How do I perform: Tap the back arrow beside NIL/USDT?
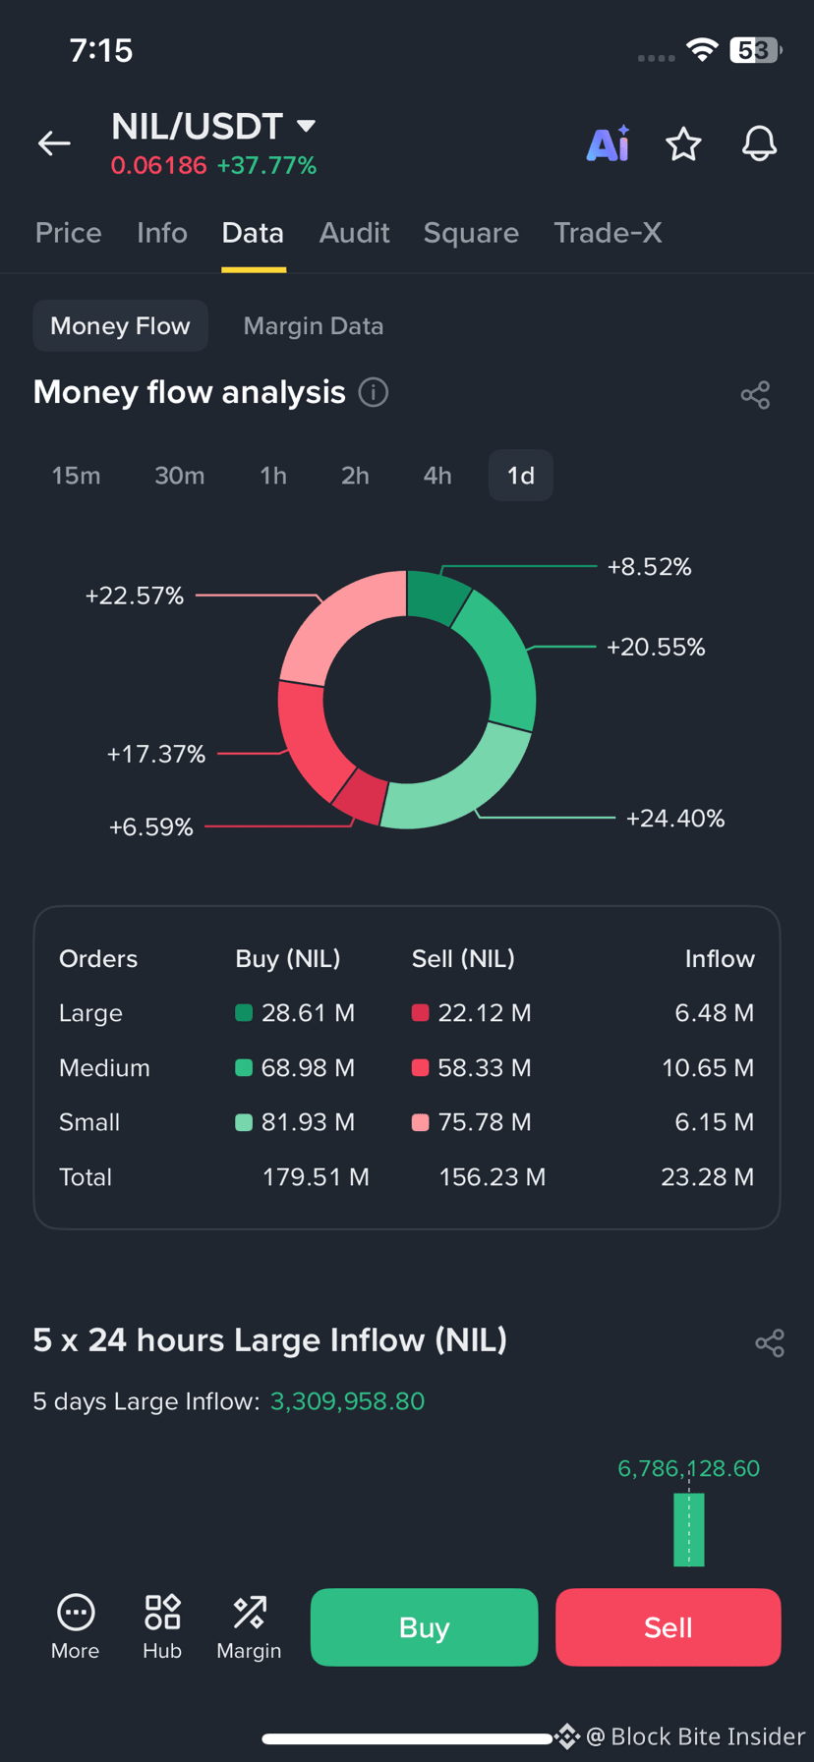click(x=54, y=143)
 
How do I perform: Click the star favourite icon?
click(x=683, y=144)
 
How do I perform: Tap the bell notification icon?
click(x=759, y=144)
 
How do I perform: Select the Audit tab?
click(x=354, y=233)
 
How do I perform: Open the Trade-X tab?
click(x=608, y=233)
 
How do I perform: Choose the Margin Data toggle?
click(x=314, y=326)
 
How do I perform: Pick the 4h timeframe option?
click(x=437, y=476)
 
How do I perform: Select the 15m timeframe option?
click(x=76, y=476)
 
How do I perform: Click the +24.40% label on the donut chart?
click(x=675, y=819)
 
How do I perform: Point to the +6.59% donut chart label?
click(x=150, y=827)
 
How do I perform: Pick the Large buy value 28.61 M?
click(x=308, y=1013)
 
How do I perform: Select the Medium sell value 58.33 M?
click(x=485, y=1068)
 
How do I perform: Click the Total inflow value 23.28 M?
click(x=708, y=1177)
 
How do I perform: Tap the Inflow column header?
click(x=720, y=959)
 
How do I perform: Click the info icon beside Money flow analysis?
click(x=374, y=393)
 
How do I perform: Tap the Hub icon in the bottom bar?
click(x=162, y=1613)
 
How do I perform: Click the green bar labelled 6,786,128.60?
click(x=689, y=1529)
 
